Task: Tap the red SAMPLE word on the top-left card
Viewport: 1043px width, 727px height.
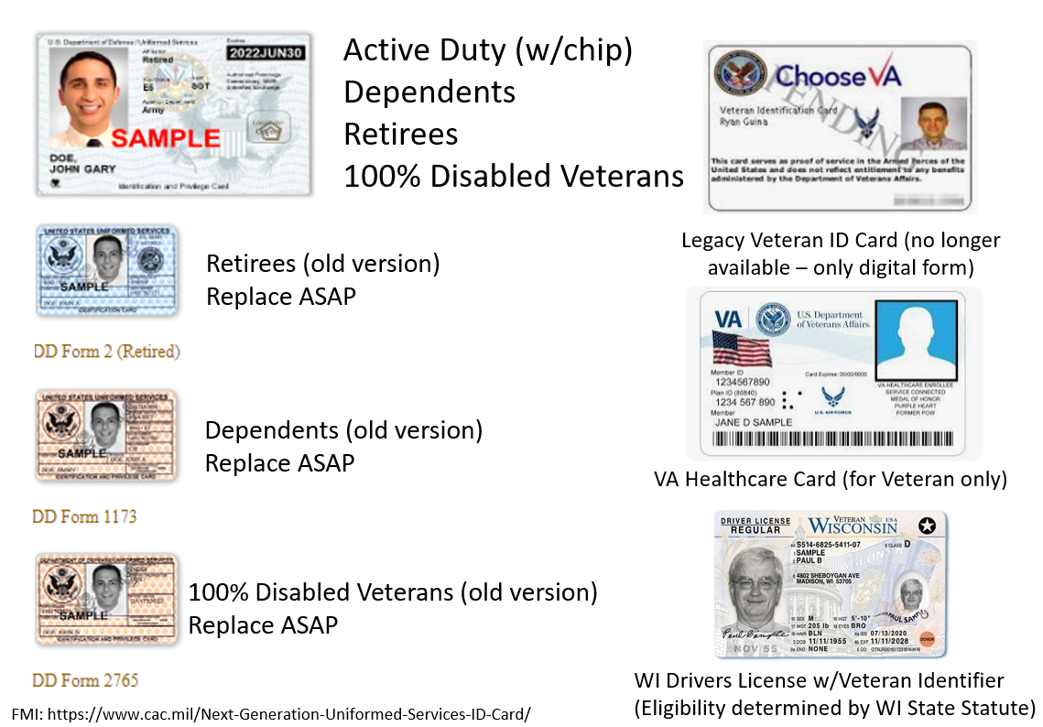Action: click(166, 139)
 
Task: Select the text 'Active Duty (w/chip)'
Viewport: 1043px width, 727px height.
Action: click(487, 50)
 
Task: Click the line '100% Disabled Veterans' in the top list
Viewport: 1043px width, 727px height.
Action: click(513, 176)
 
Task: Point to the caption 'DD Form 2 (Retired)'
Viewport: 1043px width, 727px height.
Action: click(107, 352)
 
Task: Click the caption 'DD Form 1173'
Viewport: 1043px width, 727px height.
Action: click(84, 516)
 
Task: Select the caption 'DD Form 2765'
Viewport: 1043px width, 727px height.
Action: click(85, 680)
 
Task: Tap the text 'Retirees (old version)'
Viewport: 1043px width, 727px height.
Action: click(322, 264)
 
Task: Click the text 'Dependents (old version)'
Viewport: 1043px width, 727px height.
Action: click(343, 430)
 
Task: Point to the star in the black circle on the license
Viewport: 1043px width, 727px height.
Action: click(927, 526)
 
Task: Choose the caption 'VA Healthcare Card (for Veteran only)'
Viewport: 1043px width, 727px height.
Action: click(830, 479)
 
